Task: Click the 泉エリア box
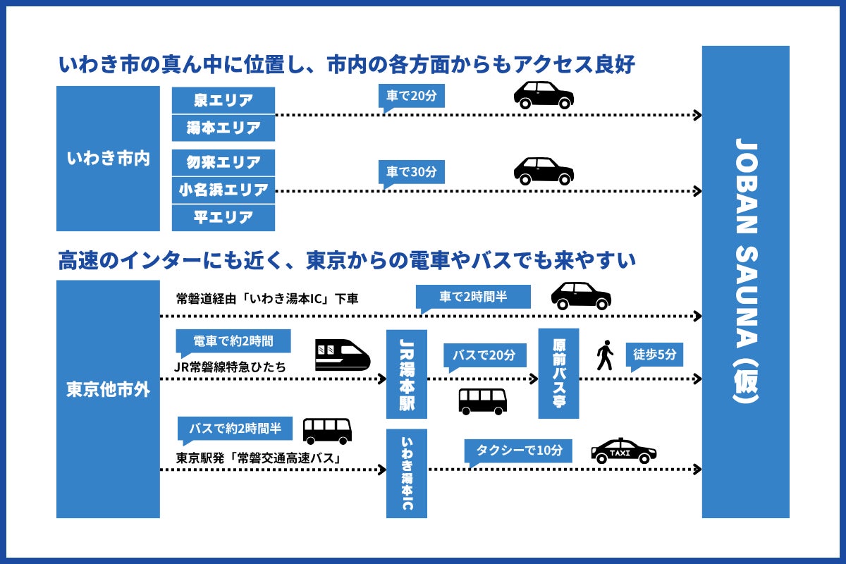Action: pos(223,100)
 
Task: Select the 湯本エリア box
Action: pos(223,128)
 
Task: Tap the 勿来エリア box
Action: pos(223,162)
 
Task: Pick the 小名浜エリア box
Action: pos(223,190)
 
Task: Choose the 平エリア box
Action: pos(223,217)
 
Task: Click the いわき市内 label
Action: pos(108,159)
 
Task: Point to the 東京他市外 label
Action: pos(108,389)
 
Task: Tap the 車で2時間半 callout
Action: pos(473,297)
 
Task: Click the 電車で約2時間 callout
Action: pos(233,341)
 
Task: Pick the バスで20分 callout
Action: pos(484,355)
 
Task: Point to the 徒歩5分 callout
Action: pos(655,355)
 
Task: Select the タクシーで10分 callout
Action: pos(517,450)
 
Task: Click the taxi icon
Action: pos(623,451)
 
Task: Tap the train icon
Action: pos(342,355)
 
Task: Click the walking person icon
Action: pos(604,355)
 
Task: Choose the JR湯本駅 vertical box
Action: pos(407,374)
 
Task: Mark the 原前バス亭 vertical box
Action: pos(558,373)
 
